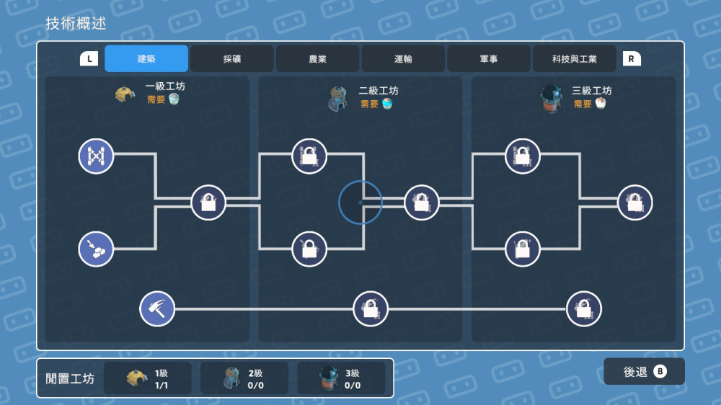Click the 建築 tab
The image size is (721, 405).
146,59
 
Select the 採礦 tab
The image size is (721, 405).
231,59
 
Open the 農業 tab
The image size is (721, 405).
317,59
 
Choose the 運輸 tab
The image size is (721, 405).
403,59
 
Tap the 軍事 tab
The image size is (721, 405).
488,59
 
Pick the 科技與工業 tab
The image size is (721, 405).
574,59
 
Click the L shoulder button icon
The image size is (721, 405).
89,59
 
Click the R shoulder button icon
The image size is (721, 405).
632,59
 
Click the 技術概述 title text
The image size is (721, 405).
76,23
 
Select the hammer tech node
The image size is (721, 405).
157,308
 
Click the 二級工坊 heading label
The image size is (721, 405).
379,91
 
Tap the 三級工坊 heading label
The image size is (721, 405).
592,91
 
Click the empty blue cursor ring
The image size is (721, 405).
360,202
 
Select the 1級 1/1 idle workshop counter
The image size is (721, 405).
148,378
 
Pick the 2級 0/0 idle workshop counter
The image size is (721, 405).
244,378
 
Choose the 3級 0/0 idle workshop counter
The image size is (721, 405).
341,378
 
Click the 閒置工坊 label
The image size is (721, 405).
70,378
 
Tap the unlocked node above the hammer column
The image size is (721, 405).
96,249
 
